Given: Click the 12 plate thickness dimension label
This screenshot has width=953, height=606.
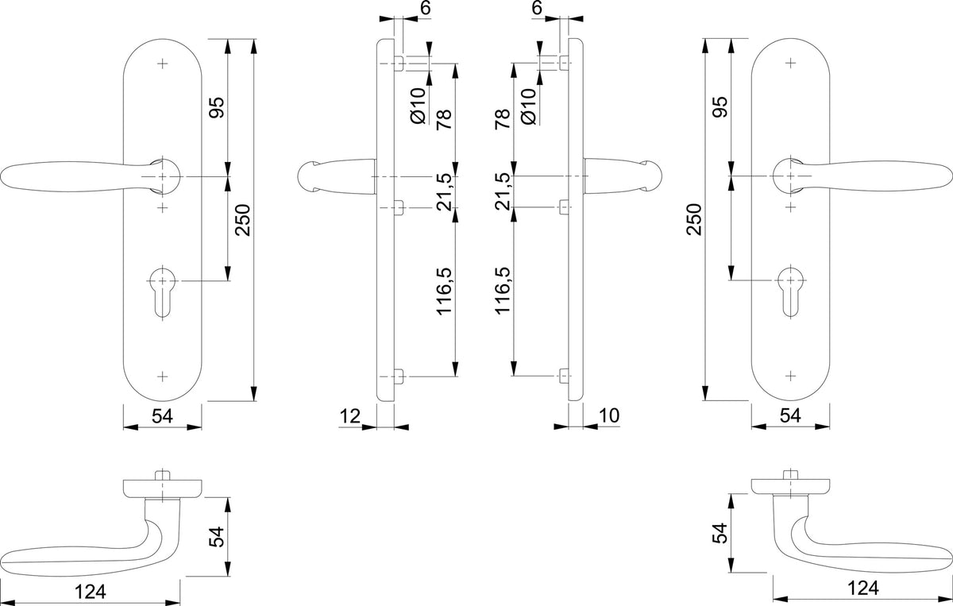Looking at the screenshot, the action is pos(349,416).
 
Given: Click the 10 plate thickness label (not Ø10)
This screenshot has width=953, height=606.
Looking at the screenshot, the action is pos(609,415).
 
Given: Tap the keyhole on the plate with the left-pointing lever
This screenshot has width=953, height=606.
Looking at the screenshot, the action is pos(163,292).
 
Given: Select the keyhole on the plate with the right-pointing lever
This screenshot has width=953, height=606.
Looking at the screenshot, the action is pos(790,292).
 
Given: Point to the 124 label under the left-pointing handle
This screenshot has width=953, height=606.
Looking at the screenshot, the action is pos(91,592).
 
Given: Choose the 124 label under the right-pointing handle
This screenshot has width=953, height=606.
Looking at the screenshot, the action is pos(862,589).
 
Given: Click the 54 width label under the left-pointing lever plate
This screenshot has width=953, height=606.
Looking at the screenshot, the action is pos(163,416).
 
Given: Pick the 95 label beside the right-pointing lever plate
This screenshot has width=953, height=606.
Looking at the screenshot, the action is pos(720,106).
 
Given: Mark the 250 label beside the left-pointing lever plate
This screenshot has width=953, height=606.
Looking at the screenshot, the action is pos(243,220).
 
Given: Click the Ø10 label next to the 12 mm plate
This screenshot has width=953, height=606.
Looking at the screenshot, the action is pos(419,106).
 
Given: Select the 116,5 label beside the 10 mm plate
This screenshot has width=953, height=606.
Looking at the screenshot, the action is pos(503,291).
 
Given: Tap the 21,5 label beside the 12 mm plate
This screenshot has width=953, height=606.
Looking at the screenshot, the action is pos(445,191).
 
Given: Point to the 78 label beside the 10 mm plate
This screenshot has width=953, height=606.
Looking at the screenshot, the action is pos(503,119).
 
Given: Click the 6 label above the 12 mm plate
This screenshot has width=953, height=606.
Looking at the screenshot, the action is pos(426,8).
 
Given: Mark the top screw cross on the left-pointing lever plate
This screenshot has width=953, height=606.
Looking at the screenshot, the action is pos(163,64).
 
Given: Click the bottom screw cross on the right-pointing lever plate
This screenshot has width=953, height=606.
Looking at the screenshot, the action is pos(790,376).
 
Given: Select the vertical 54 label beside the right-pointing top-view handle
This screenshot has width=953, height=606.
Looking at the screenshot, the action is pos(720,533).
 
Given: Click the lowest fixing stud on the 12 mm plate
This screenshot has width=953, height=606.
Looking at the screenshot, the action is pos(399,376).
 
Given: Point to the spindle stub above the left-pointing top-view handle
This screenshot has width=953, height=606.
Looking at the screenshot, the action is pos(162,475).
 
